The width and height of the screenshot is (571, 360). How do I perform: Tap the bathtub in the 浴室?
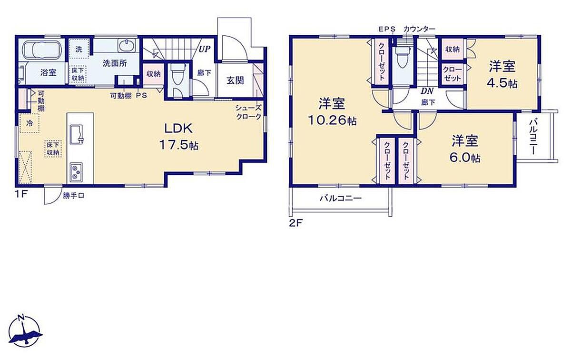point(42,50)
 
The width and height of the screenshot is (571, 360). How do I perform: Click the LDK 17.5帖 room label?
point(179,137)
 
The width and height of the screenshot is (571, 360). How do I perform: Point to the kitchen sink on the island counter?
point(77,134)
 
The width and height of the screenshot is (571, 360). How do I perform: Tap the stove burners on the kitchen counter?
point(76,172)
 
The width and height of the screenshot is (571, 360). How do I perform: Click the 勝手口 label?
point(74,196)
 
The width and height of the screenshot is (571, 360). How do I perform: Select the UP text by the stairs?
point(205,49)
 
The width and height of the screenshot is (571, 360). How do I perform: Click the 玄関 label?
point(235,80)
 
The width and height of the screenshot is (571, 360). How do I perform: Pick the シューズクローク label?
point(248,112)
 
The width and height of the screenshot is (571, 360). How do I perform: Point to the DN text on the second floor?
point(427,91)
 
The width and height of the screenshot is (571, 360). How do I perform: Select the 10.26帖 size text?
point(332,120)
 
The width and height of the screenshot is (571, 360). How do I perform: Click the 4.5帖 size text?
point(502,83)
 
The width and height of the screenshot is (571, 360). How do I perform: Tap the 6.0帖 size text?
point(464,158)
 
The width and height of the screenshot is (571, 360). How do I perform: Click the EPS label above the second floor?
point(386,30)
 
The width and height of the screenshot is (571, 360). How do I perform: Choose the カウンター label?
point(419,30)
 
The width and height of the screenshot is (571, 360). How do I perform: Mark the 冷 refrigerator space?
point(30,123)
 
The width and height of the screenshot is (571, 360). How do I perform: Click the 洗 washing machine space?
point(79,49)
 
